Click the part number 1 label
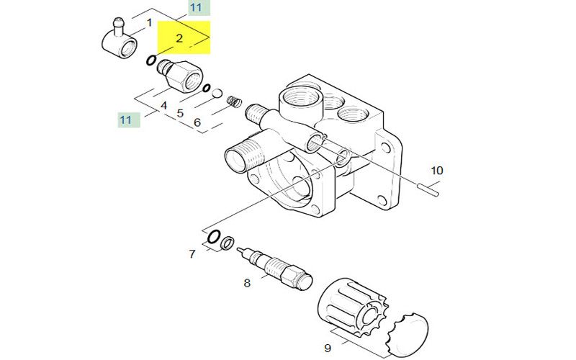149,23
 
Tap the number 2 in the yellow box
179,38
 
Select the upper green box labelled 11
199,8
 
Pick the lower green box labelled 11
129,120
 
